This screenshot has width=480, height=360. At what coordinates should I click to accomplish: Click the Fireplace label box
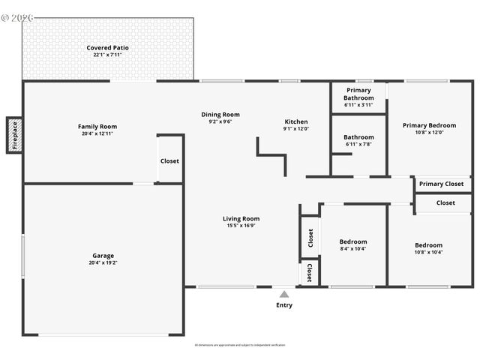click(13, 135)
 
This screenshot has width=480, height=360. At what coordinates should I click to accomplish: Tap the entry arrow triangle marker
click(284, 295)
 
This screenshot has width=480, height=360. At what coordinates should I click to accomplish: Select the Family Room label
click(97, 127)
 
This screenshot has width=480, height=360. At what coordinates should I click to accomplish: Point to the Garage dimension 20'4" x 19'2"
click(103, 262)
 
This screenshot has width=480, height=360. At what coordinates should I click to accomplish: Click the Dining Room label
click(220, 115)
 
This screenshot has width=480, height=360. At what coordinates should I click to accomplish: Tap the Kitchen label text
click(295, 121)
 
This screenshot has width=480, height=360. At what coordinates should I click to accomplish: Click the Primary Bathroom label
click(358, 94)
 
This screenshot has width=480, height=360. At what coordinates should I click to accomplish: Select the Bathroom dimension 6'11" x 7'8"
click(358, 144)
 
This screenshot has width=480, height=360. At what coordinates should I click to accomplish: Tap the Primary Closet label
click(441, 184)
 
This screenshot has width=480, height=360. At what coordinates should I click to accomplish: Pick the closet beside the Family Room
click(169, 160)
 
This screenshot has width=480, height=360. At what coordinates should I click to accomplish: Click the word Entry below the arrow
click(284, 305)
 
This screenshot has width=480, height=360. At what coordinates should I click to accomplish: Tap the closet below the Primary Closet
click(445, 202)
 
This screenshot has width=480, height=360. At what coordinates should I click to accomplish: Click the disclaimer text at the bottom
click(240, 345)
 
